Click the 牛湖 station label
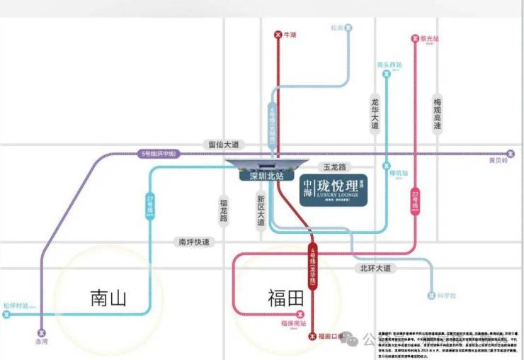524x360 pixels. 289,35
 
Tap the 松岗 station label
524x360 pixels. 337,28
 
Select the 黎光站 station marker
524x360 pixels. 414,39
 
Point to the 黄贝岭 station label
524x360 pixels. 499,160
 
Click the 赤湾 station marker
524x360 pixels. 41,332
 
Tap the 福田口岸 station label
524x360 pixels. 331,336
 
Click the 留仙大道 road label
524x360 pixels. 224,145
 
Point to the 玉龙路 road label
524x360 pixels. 334,168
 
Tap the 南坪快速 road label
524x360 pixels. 193,242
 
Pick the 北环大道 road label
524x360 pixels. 375,268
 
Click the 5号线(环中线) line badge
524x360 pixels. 159,153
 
